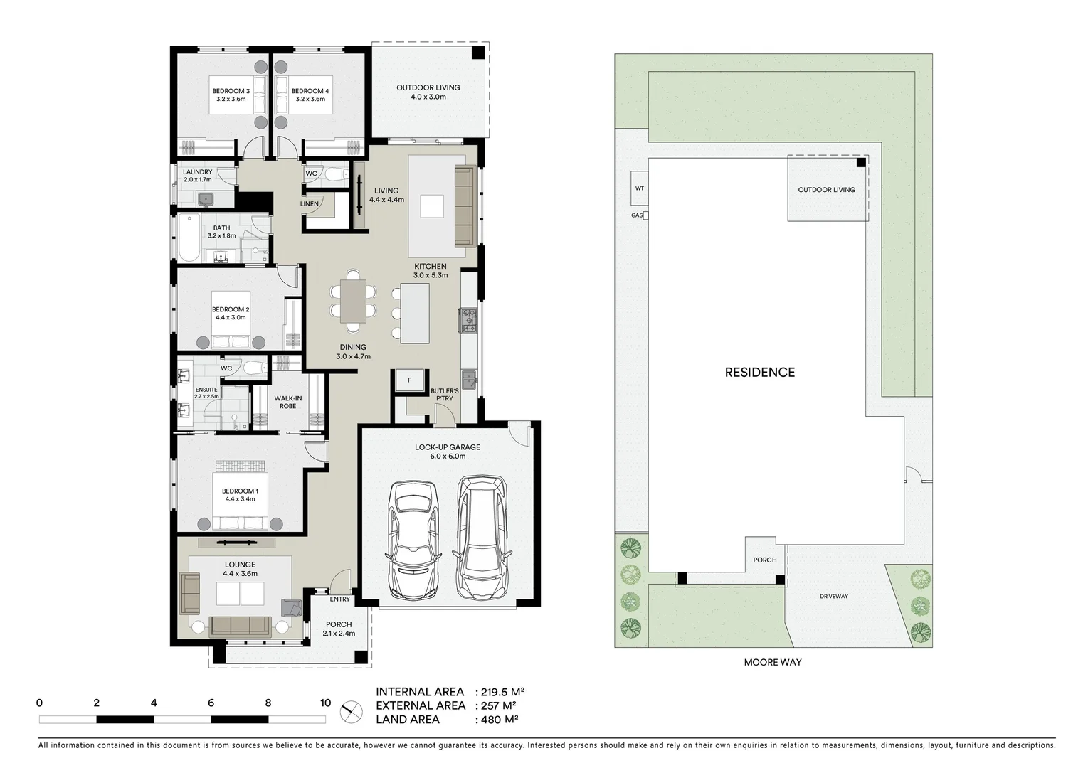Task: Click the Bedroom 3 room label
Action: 231,95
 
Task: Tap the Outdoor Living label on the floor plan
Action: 428,92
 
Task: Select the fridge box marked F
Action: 409,380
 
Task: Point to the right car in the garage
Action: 481,538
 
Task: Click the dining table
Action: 353,302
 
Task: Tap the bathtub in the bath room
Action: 189,238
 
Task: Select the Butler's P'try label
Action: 445,395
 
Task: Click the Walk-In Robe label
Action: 287,402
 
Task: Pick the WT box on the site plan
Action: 639,188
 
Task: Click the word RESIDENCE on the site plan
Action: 759,373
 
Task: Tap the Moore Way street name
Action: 772,662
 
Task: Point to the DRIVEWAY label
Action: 833,597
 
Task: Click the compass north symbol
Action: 349,709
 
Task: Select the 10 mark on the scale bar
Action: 325,703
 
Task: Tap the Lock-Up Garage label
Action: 448,452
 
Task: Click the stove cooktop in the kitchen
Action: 469,320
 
